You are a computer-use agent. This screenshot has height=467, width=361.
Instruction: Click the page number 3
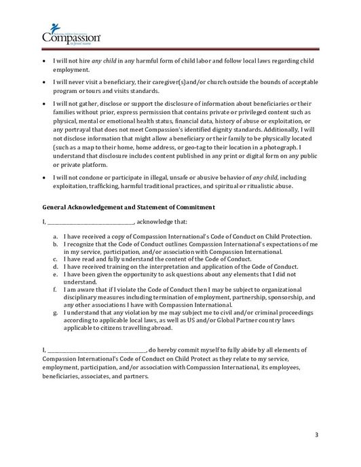pos(316,434)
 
